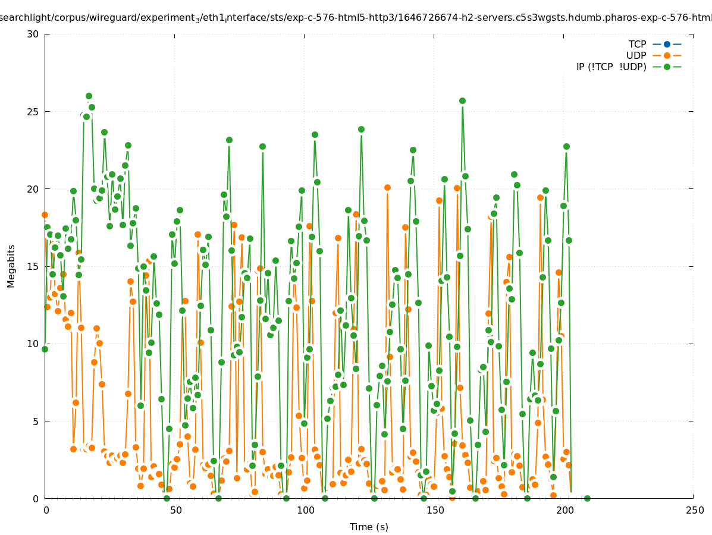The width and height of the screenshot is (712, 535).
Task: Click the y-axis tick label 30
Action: coord(33,34)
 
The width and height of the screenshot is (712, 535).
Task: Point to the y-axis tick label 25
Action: coord(33,112)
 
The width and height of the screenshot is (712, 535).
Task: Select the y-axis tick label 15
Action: coord(33,266)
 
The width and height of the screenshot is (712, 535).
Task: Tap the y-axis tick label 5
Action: coord(35,421)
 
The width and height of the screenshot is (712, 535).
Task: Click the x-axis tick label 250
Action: coord(694,511)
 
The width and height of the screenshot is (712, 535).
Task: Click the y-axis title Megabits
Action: coord(11,266)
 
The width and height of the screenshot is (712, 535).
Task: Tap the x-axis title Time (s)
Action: coord(369,527)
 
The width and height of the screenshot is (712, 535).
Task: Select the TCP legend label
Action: coord(637,45)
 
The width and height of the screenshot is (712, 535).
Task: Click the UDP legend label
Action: coord(636,56)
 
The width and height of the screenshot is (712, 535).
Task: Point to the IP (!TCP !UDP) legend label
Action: coord(611,67)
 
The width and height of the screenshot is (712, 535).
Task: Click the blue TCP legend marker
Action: coord(667,45)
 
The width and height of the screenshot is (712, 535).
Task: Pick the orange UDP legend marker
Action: coord(667,56)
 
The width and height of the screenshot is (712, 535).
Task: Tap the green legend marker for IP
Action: coord(667,67)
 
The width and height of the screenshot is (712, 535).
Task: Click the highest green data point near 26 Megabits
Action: coord(89,96)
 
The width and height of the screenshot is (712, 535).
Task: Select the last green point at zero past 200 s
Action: coord(587,498)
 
